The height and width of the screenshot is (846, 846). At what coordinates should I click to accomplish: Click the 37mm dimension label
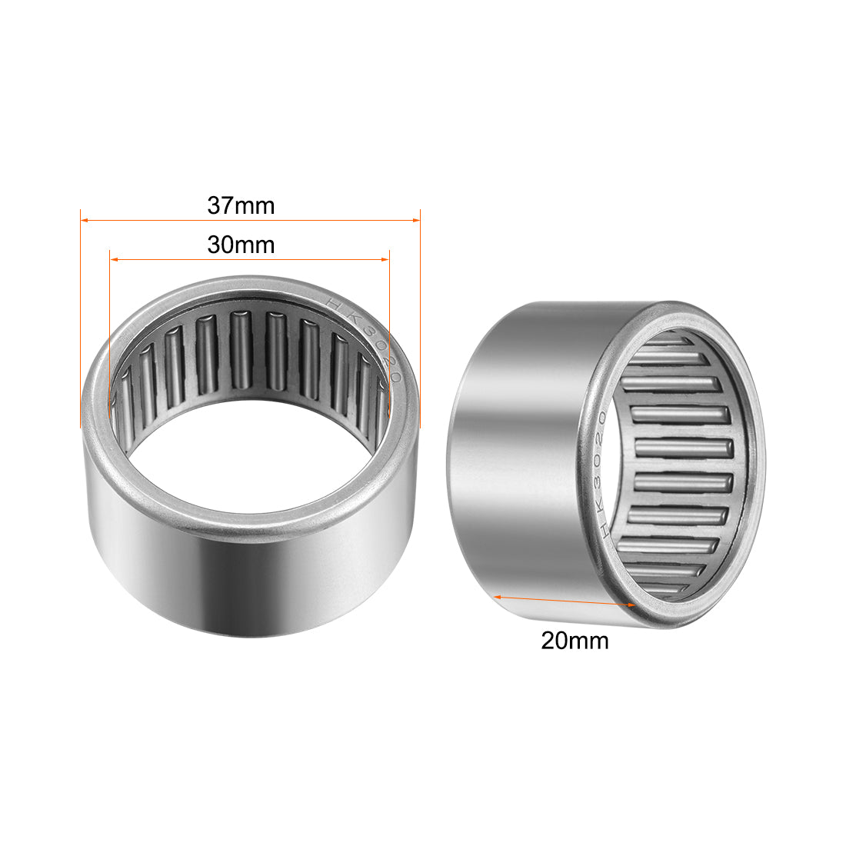click(x=241, y=206)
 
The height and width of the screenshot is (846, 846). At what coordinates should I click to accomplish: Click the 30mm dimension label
click(x=241, y=245)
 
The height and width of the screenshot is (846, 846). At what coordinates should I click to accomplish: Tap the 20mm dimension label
click(x=575, y=640)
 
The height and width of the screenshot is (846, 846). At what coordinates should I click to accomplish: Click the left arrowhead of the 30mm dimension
click(x=115, y=260)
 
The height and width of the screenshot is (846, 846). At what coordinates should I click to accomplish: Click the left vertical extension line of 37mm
click(x=81, y=323)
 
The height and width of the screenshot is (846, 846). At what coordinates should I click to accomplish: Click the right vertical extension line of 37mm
click(x=420, y=323)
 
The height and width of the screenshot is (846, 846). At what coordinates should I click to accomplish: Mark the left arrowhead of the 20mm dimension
click(x=498, y=596)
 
